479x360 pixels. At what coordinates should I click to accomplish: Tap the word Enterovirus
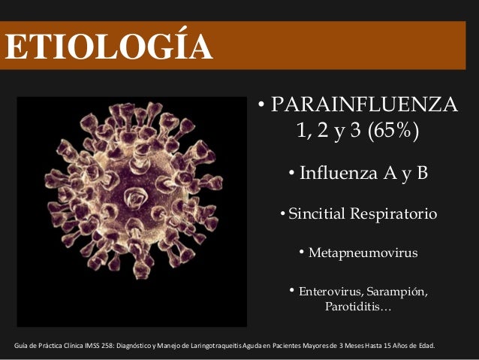click(x=333, y=292)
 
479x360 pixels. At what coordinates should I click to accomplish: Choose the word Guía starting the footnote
click(x=22, y=347)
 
